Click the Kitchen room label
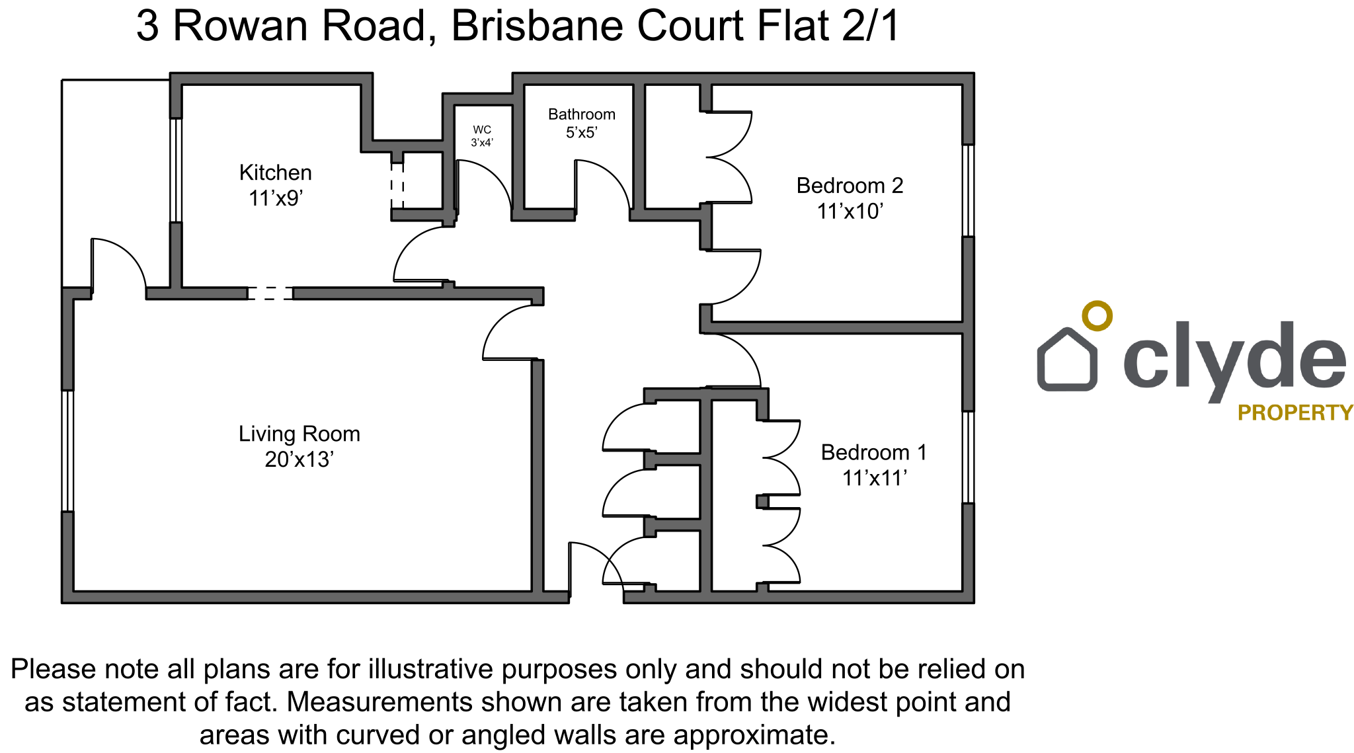point(275,173)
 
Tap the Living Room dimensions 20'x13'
point(299,459)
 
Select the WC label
point(482,130)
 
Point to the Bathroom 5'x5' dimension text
point(582,132)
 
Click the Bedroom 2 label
point(850,186)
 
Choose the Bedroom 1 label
point(874,452)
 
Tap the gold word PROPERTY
point(1295,413)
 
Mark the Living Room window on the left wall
point(67,450)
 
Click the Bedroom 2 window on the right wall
point(968,190)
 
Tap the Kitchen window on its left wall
point(176,170)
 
